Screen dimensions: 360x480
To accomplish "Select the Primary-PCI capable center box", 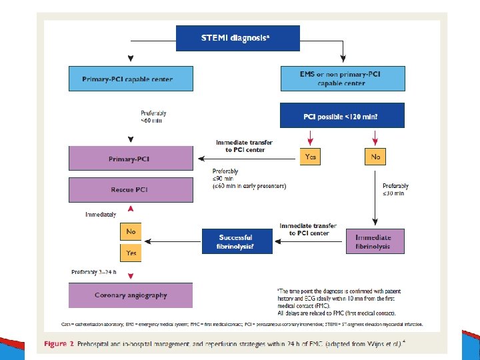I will (131, 79).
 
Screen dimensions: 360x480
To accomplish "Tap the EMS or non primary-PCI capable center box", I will (342, 79).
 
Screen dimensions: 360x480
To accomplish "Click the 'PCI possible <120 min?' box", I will (342, 115).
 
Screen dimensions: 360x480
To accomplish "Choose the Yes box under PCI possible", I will (311, 157).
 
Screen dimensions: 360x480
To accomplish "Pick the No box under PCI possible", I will (375, 157).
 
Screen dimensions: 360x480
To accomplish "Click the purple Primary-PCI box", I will (131, 159).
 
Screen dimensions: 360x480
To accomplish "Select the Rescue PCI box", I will (131, 190).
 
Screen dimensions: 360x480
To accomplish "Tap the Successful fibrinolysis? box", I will (237, 241).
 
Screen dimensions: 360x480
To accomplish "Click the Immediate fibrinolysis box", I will (375, 241).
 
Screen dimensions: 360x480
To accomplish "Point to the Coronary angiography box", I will (131, 295).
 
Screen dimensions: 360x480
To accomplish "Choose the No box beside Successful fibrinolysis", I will (131, 231).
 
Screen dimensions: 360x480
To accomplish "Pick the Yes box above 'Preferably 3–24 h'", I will (131, 253).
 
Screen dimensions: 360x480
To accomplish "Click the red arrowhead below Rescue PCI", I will (130, 209).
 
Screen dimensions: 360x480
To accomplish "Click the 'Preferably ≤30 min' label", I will (395, 189).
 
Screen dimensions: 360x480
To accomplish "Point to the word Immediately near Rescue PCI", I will (101, 215).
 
